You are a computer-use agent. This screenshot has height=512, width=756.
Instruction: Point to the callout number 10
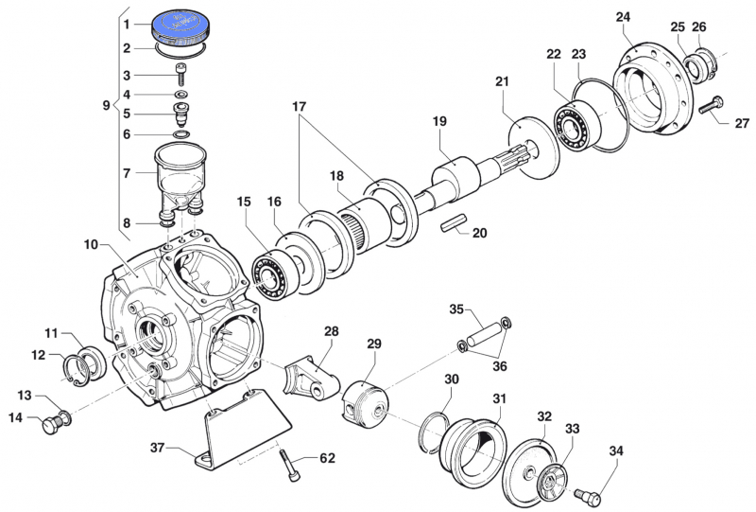coord(91,244)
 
